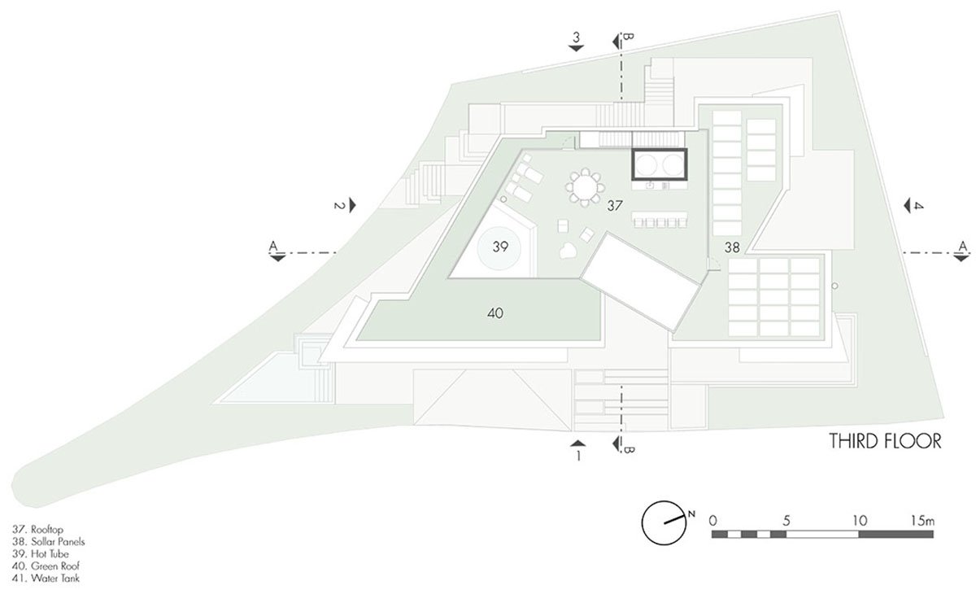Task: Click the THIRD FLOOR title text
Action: [x=885, y=442]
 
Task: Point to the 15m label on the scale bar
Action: [x=922, y=518]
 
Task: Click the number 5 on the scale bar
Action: [x=785, y=518]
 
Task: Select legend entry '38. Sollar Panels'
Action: [x=49, y=540]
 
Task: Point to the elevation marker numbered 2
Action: [x=340, y=206]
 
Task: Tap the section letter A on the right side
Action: [x=963, y=246]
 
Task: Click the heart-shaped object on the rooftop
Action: [x=564, y=251]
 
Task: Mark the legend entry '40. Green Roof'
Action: [x=45, y=566]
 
